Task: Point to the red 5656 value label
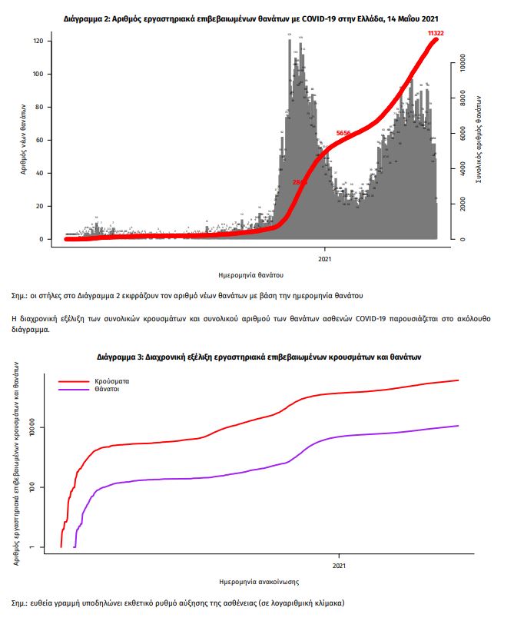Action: (343, 134)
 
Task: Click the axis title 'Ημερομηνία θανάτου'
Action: (251, 274)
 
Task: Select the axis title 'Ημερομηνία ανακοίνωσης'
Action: (259, 582)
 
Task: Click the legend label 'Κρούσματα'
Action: (112, 381)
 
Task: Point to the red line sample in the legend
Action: (73, 381)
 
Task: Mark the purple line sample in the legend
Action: (73, 390)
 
